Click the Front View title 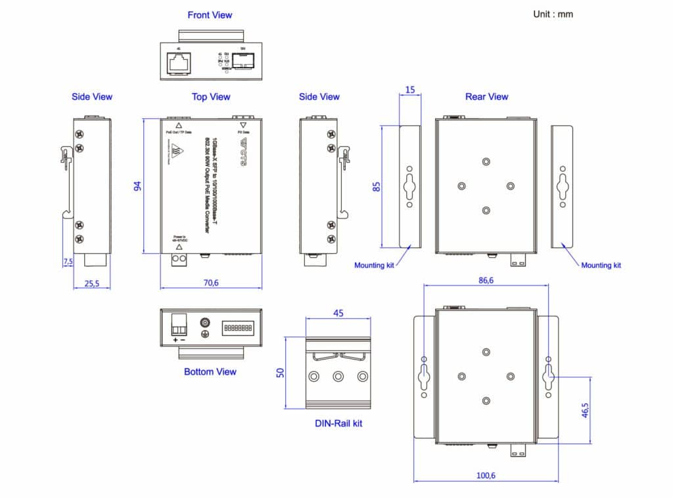click(x=210, y=15)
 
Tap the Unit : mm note click(x=553, y=14)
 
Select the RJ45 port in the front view click(x=179, y=62)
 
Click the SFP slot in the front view click(x=243, y=62)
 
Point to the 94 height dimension click(x=138, y=186)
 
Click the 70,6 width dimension click(x=210, y=283)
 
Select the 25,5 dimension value click(x=92, y=283)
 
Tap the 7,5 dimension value click(x=68, y=261)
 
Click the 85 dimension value click(x=377, y=186)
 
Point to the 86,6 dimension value click(x=486, y=280)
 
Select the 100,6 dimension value click(x=486, y=476)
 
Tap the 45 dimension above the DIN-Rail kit click(x=338, y=313)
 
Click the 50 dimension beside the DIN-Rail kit click(x=281, y=373)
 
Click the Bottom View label click(x=210, y=372)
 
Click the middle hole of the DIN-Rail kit click(x=338, y=377)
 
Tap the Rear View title click(x=486, y=96)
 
